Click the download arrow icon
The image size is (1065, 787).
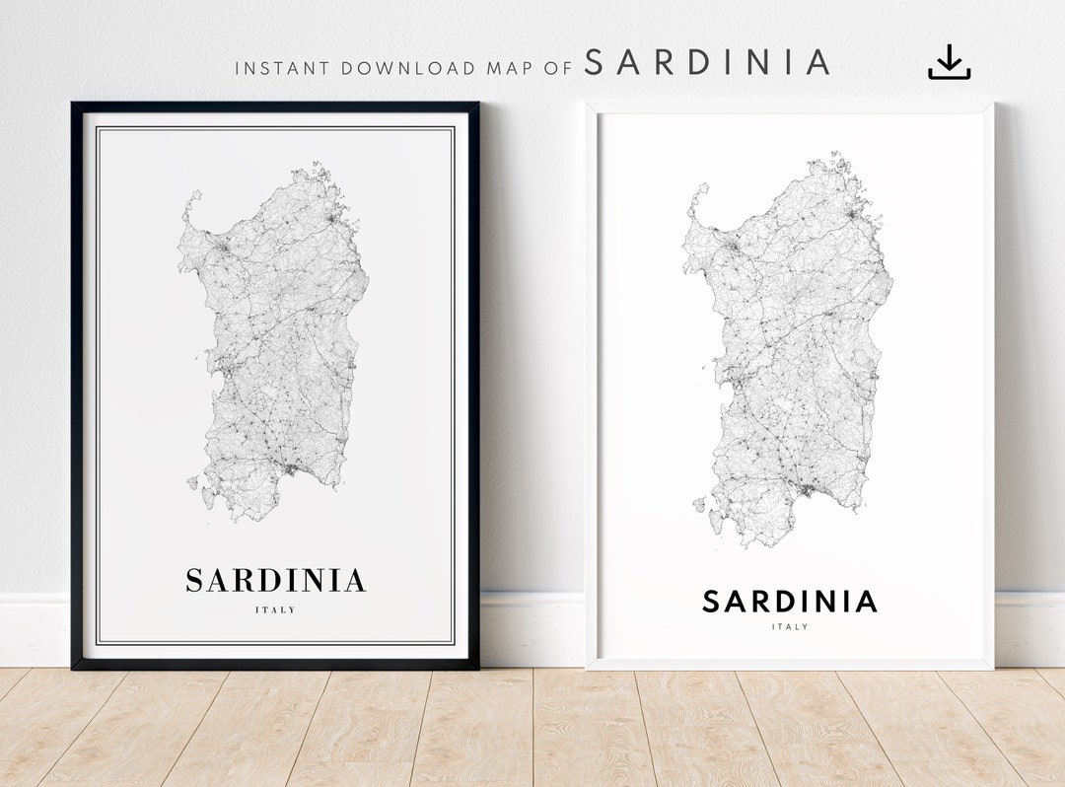949,62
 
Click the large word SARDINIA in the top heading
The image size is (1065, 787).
707,62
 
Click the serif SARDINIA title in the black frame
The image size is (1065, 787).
275,581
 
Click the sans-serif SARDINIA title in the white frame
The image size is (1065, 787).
789,602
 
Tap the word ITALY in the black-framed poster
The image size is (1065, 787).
275,610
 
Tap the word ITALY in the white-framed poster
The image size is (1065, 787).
789,627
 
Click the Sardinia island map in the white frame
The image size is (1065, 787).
789,355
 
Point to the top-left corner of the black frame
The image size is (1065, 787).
74,105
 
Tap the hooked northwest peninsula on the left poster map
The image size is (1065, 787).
190,207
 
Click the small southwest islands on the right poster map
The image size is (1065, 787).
700,505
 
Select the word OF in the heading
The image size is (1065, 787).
559,69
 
